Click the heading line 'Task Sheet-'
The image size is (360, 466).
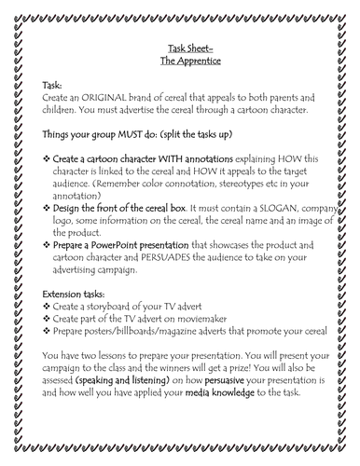tap(180, 54)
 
